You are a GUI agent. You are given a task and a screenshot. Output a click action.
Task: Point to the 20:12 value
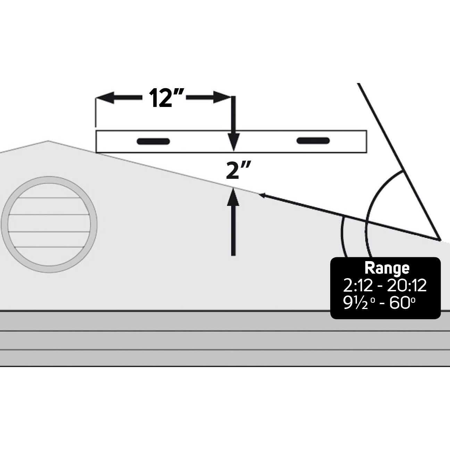tap(407, 285)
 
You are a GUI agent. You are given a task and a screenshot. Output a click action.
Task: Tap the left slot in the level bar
tap(153, 141)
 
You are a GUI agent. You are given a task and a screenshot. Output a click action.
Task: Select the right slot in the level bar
tap(313, 140)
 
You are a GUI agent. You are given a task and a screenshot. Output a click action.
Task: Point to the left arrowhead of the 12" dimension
tap(104, 98)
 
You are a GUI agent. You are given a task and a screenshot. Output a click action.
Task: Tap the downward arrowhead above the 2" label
tap(234, 143)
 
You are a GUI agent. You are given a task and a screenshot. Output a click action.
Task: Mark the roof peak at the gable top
tap(48, 141)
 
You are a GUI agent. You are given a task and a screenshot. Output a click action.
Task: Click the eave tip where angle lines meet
tap(440, 240)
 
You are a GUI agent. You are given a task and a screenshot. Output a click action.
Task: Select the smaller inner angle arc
tap(342, 236)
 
